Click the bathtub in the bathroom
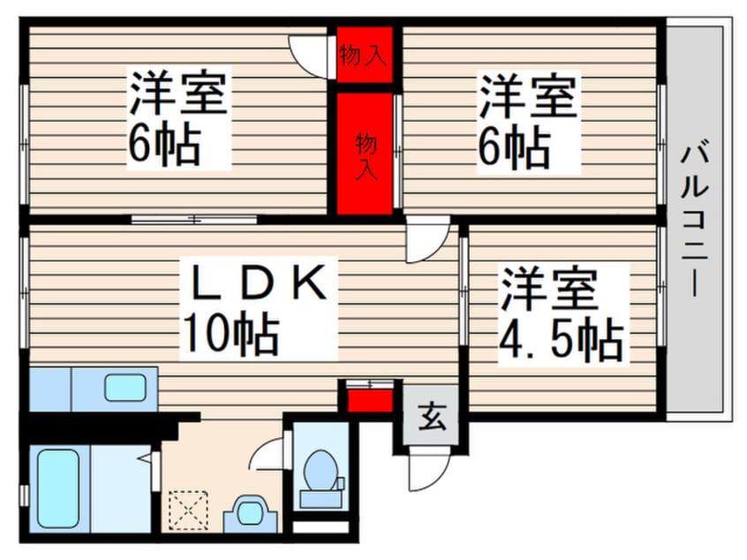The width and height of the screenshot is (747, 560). [x=59, y=488]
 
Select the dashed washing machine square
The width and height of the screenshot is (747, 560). [x=188, y=510]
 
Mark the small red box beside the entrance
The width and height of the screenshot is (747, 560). [x=370, y=400]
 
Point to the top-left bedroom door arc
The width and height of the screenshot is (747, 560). [x=312, y=55]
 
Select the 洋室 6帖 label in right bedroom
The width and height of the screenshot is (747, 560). [x=528, y=123]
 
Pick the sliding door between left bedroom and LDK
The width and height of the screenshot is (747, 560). [x=193, y=218]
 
